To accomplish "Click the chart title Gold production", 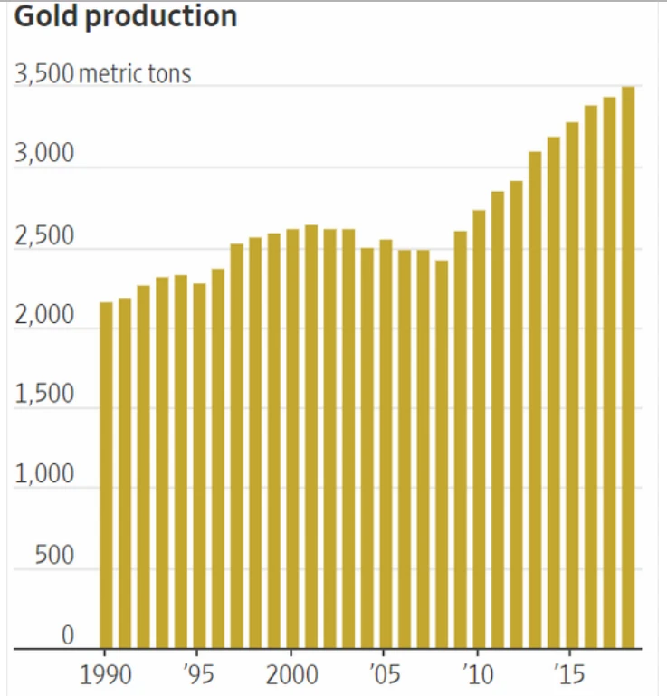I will point(125,17).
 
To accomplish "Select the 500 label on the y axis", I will point(54,557).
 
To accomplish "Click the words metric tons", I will point(135,73).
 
